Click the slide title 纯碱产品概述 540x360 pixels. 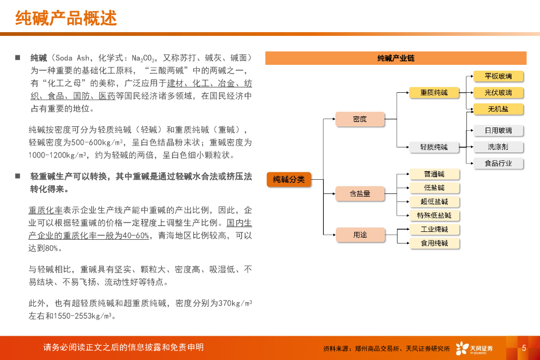click(66, 18)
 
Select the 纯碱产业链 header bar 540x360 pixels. click(396, 58)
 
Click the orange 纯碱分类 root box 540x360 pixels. click(289, 179)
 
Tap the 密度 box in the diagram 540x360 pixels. click(360, 119)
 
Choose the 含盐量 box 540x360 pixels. click(360, 193)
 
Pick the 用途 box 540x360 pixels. click(360, 235)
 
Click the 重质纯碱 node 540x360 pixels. click(434, 93)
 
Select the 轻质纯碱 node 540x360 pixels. click(434, 147)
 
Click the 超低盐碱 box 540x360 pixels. click(434, 201)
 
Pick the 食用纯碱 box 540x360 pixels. click(434, 243)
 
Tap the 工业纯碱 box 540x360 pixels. click(434, 229)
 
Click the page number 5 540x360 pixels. click(524, 348)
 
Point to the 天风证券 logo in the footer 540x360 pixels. click(475, 348)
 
